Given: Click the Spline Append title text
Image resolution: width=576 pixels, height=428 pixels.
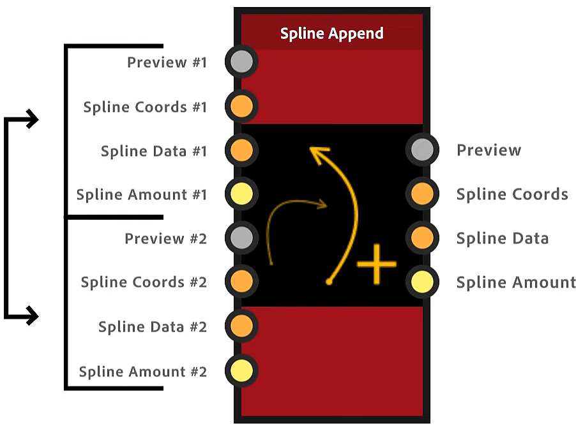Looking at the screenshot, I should (x=331, y=34).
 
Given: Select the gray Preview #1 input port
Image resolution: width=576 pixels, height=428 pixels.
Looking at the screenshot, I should (x=241, y=62).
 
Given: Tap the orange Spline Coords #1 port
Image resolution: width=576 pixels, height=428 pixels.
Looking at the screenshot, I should (x=241, y=106).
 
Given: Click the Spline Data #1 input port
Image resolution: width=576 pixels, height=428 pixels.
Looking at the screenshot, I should (x=241, y=150).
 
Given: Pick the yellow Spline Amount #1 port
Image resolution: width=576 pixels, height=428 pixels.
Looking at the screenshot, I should (x=241, y=194).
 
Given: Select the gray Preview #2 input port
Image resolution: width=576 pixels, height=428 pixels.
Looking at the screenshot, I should (x=241, y=238).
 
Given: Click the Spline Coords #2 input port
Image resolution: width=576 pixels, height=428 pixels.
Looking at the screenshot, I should (x=241, y=281).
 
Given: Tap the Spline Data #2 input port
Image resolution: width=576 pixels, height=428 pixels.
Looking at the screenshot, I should (x=241, y=326).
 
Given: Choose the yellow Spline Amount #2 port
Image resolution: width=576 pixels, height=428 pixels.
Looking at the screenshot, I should (x=241, y=370).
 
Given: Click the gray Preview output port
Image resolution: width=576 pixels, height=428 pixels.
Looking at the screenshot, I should (x=422, y=150).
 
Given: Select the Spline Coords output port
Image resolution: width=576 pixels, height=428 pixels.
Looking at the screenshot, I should (x=422, y=194).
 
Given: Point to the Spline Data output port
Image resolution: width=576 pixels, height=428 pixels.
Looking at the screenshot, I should (x=422, y=238).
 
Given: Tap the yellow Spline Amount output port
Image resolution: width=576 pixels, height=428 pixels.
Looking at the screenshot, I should (x=422, y=281).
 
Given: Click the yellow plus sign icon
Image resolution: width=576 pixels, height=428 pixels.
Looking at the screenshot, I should (x=376, y=263).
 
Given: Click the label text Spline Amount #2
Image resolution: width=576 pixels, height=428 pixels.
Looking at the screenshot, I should (x=143, y=371).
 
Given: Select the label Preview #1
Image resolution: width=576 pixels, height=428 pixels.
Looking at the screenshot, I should (x=167, y=63).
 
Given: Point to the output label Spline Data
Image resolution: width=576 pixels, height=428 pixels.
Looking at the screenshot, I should (x=502, y=238).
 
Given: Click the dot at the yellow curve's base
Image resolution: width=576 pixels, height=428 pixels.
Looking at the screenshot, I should (x=329, y=281).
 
